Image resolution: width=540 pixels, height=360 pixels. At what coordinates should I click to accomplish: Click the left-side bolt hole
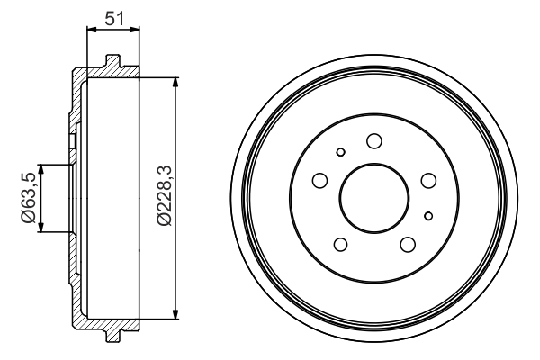319,182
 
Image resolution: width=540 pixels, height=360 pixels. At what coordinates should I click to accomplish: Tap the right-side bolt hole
429,180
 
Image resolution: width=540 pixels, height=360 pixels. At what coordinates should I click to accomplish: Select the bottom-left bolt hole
339,244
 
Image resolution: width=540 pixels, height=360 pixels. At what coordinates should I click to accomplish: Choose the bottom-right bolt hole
407,244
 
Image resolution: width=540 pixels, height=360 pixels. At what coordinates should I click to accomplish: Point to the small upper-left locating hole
339,152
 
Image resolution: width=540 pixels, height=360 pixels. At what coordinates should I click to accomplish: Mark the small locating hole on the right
428,214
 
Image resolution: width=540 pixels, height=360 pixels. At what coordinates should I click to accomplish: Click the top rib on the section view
112,61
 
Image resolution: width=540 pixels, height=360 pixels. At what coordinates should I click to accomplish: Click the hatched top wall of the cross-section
99,71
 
